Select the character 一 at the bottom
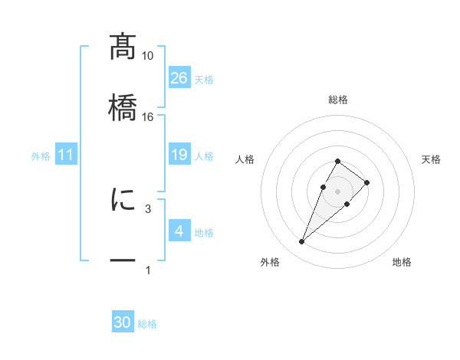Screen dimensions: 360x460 [123, 260]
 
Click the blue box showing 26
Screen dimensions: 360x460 [179, 78]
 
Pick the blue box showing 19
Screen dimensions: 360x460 [179, 155]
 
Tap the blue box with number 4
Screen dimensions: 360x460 [179, 231]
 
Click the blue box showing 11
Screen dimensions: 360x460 [66, 155]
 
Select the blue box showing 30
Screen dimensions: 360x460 [123, 323]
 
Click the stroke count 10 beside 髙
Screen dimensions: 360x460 [148, 56]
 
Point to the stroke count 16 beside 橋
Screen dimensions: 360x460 [148, 116]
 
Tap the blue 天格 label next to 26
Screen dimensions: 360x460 [204, 79]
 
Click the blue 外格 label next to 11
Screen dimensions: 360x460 [41, 156]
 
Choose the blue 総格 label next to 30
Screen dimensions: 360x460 [147, 324]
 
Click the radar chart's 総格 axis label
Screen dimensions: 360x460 [338, 100]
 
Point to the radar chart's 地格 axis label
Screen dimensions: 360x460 [402, 263]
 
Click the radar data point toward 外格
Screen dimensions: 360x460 [302, 242]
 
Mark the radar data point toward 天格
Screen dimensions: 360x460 [367, 182]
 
